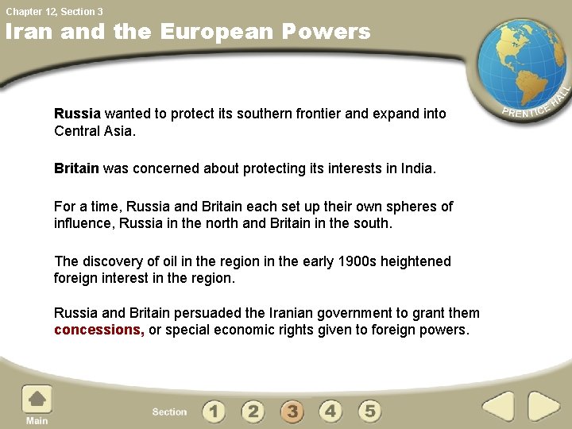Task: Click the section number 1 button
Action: point(214,412)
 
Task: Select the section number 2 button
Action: point(253,412)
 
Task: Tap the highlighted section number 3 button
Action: point(292,412)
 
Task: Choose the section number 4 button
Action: point(330,412)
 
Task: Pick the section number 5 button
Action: point(369,412)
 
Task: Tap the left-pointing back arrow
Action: point(498,406)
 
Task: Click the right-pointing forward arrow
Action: point(544,406)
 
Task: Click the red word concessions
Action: point(99,330)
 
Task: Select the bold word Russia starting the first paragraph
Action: point(77,114)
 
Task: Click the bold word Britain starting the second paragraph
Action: point(76,168)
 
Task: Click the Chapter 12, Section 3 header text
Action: point(55,11)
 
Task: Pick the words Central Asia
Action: point(93,131)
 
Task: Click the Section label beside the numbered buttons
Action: point(169,412)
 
